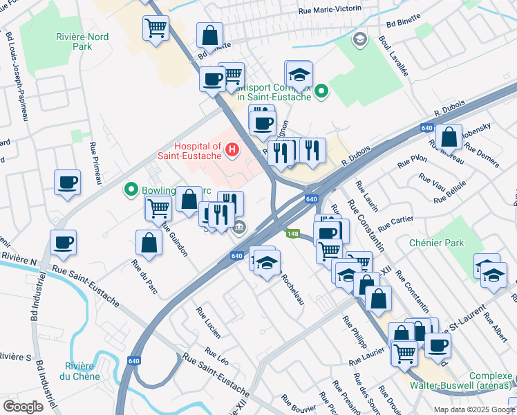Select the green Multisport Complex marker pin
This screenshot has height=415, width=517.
click(321, 91)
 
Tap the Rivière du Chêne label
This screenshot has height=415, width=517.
click(79, 371)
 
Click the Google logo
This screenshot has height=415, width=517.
click(23, 406)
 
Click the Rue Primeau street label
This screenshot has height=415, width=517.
click(96, 163)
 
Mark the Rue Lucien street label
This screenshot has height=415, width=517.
click(209, 322)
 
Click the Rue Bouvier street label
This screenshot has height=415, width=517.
click(299, 403)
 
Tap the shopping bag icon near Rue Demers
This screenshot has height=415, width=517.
click(449, 136)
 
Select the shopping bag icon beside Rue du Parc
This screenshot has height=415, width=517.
click(149, 243)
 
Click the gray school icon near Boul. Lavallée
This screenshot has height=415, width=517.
click(359, 39)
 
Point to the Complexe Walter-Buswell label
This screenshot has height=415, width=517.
click(477, 379)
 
